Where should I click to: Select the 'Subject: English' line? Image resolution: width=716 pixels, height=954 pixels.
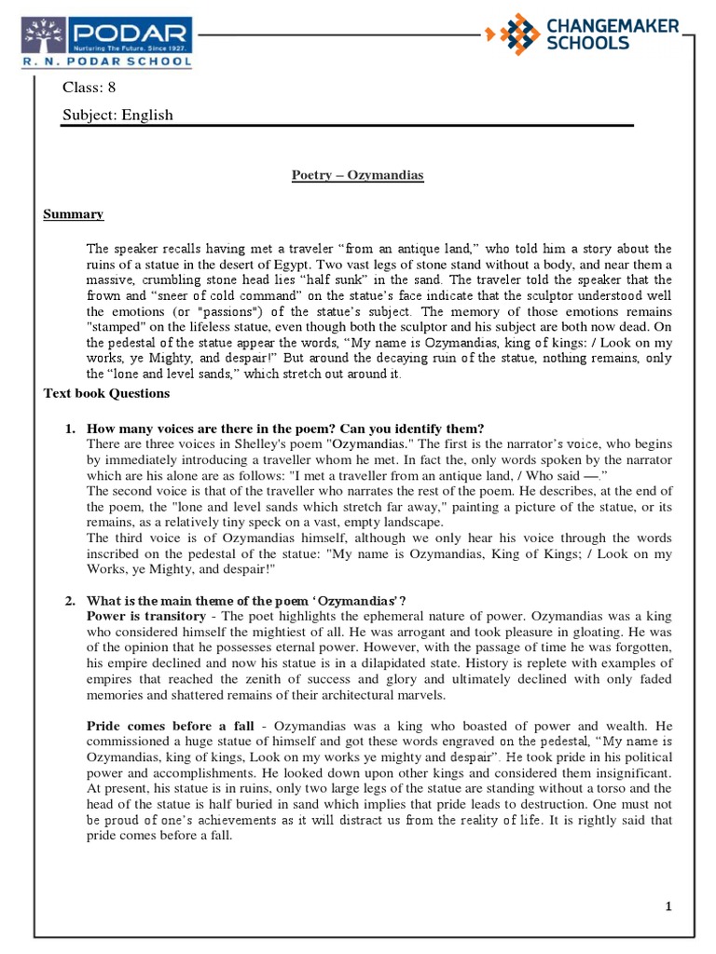click(x=117, y=115)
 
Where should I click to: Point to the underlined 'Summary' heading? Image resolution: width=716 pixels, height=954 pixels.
click(x=74, y=214)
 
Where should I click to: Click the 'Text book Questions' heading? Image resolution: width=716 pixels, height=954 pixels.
click(x=106, y=393)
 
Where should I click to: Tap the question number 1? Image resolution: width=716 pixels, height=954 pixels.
click(x=70, y=429)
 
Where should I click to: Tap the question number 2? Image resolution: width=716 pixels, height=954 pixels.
click(x=70, y=599)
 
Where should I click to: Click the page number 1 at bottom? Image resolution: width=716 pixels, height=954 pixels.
click(x=668, y=906)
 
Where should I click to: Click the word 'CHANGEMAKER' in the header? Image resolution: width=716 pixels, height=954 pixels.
click(x=612, y=26)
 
